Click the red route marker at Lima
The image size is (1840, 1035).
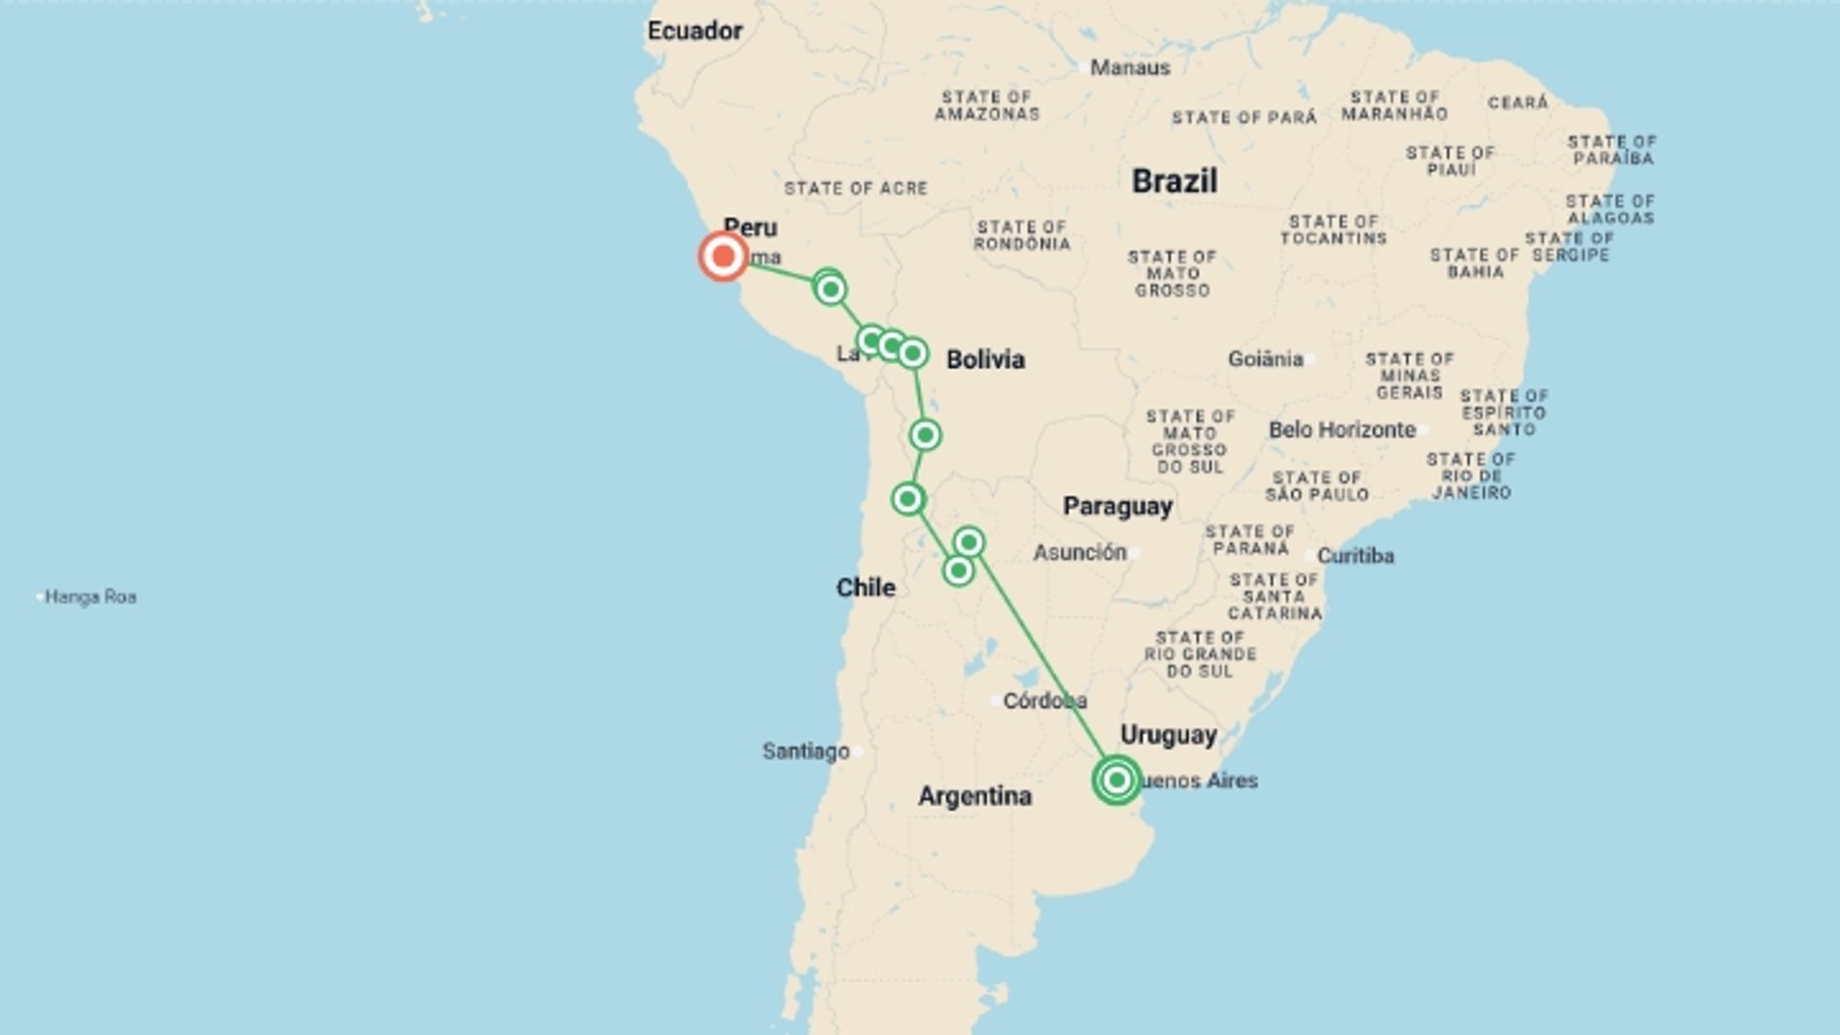tap(724, 257)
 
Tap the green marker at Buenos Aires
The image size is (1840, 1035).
tap(1116, 780)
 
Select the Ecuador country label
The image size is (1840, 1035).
tap(695, 31)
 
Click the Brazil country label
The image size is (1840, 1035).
tap(1174, 180)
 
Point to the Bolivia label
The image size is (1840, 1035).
tap(985, 359)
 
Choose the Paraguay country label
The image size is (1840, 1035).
tap(1117, 506)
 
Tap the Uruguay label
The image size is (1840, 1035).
tap(1168, 735)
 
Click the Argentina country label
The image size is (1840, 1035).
tap(975, 795)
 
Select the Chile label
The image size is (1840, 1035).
tap(865, 587)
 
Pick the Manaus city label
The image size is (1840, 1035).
tap(1130, 67)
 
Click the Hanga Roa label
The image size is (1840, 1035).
tap(90, 597)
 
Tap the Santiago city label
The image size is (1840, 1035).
tap(806, 751)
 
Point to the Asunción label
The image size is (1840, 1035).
tap(1079, 552)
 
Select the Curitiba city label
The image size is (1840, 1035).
tap(1355, 556)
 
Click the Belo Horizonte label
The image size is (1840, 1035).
tap(1342, 429)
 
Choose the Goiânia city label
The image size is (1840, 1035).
tap(1265, 358)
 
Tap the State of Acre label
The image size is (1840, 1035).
tap(856, 189)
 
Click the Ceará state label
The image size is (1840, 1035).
tap(1518, 103)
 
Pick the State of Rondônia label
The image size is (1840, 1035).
tap(1022, 235)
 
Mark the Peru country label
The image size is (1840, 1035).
tap(750, 227)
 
